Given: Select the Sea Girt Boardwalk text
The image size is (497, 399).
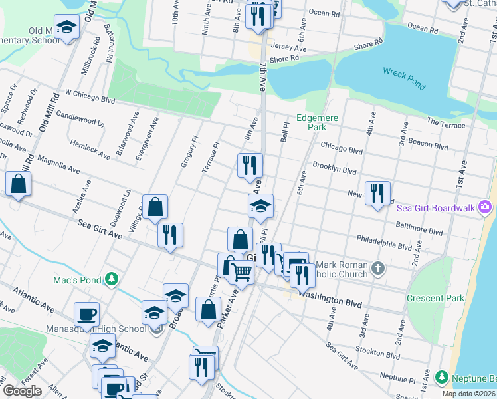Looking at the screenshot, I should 436,208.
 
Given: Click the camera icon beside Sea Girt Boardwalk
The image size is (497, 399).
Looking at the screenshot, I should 486,208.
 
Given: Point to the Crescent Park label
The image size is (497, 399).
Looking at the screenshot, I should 436,299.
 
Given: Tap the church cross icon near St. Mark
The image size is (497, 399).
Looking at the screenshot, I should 378,269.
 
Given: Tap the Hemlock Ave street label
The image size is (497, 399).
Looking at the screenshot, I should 90,149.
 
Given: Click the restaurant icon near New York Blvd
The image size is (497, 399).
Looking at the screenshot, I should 377,194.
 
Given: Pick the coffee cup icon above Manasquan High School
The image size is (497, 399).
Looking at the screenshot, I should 86,313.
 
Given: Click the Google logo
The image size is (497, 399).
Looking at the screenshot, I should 23,391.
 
